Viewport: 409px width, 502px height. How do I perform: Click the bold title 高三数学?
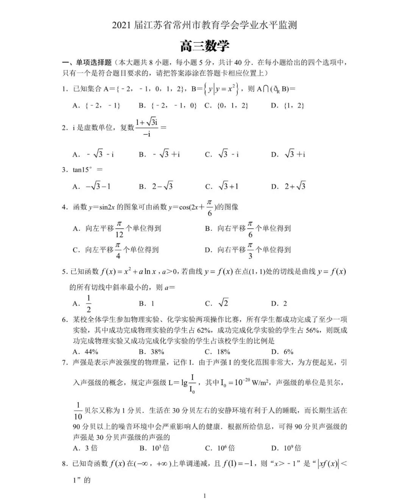pos(204,46)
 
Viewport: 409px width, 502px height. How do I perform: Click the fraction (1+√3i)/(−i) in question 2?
pos(147,128)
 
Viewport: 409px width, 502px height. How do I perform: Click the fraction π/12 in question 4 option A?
pos(119,229)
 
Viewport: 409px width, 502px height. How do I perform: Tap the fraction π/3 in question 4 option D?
pos(250,250)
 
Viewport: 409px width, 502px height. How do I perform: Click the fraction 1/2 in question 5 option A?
pos(89,304)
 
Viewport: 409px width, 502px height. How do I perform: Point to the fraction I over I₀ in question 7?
pos(192,383)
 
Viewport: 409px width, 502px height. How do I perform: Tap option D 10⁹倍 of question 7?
pos(286,448)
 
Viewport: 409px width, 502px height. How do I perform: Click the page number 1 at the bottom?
pos(204,496)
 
